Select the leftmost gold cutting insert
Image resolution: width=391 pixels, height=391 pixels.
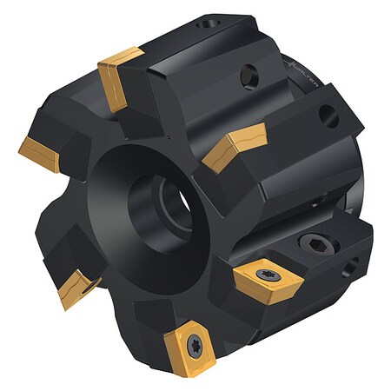pyautogui.click(x=39, y=153)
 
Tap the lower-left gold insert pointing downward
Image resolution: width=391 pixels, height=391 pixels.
pyautogui.click(x=76, y=288)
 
